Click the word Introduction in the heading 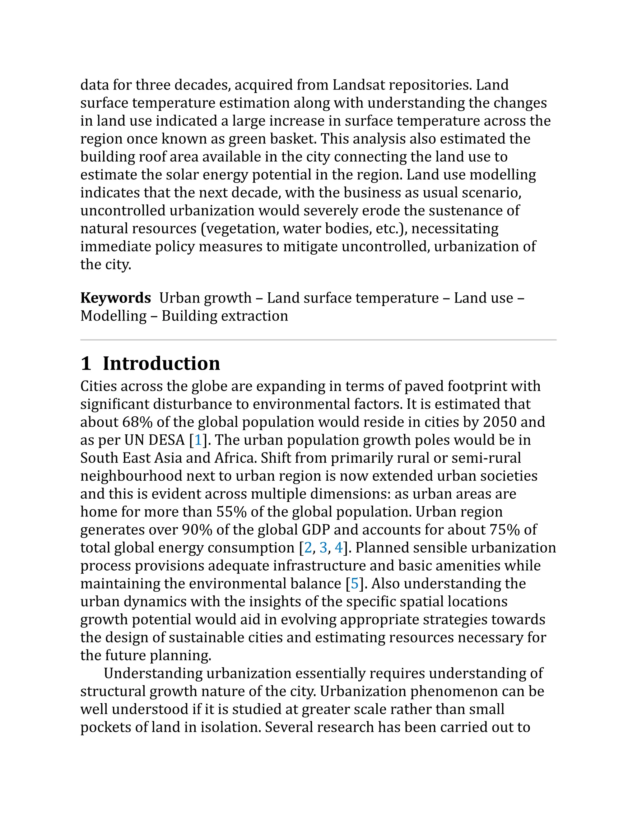coord(161,363)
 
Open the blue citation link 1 coord(198,440)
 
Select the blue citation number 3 coord(323,548)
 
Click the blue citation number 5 coord(355,584)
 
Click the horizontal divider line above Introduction coord(318,340)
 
